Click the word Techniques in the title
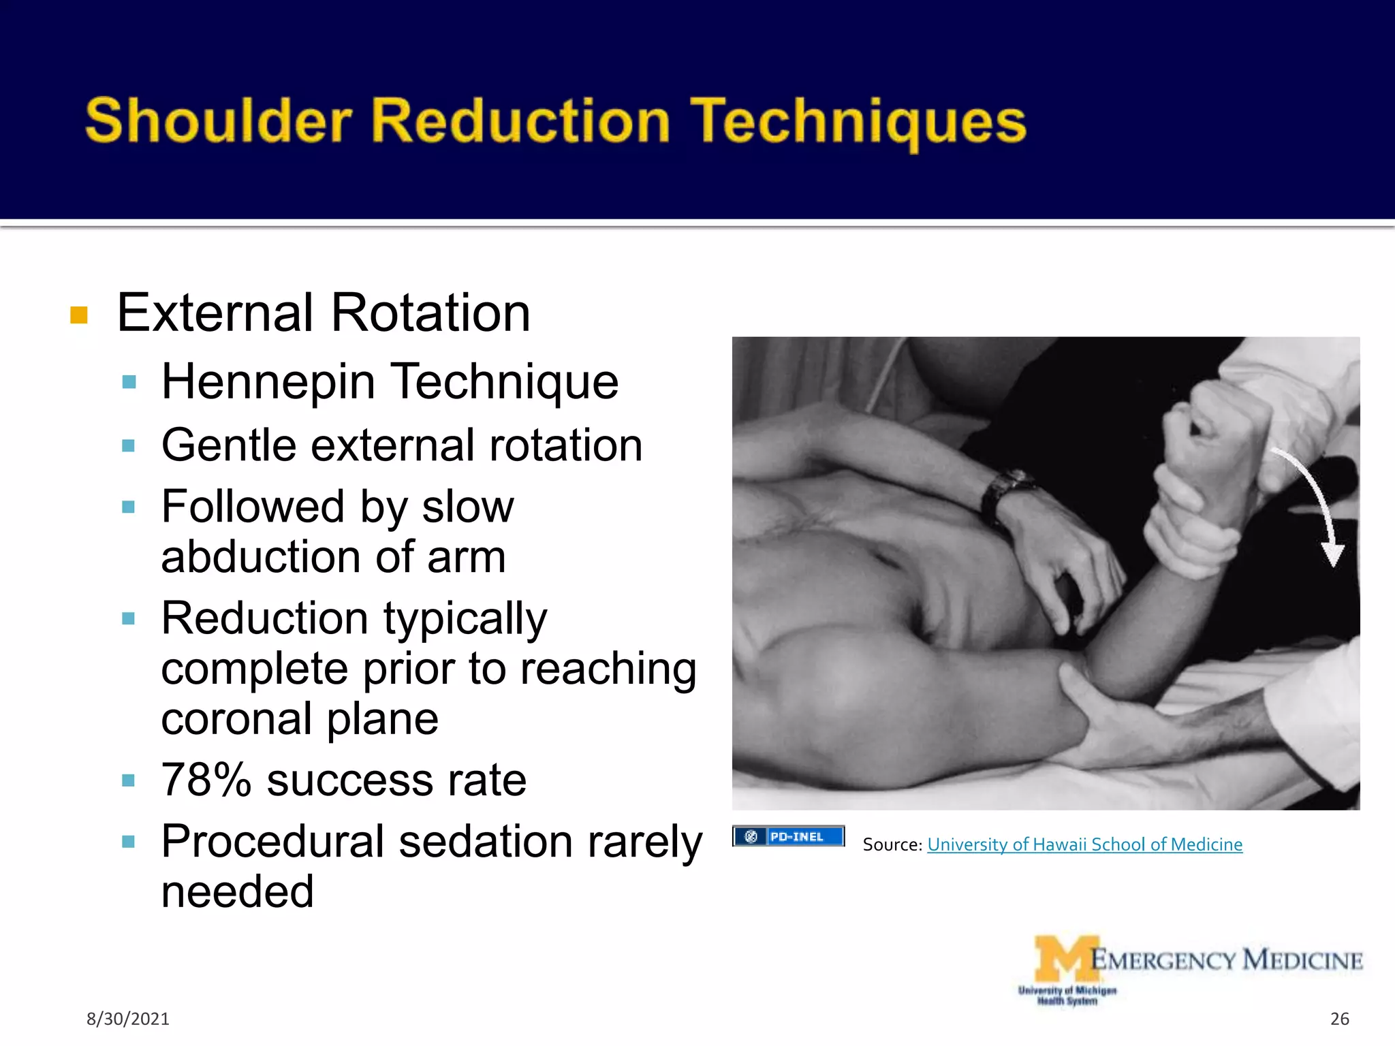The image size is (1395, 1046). (x=858, y=123)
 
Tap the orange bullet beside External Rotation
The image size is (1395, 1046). (x=79, y=315)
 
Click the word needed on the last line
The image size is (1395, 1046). (x=237, y=892)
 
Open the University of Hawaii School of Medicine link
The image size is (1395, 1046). (x=1084, y=844)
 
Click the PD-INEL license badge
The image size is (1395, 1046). (x=788, y=836)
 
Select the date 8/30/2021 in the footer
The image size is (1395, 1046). (x=127, y=1019)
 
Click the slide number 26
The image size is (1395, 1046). (x=1339, y=1019)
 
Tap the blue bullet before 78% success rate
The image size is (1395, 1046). (x=128, y=780)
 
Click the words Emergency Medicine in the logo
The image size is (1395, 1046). (x=1226, y=960)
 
